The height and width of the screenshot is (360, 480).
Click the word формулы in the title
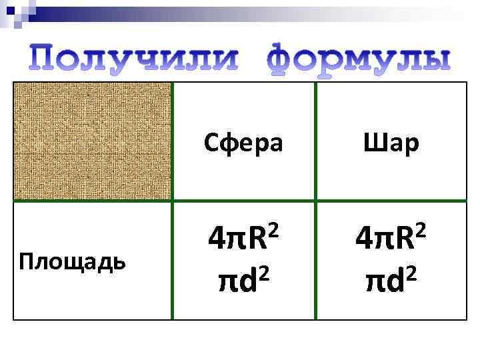pos(359,59)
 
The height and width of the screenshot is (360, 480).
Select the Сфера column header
pos(243,142)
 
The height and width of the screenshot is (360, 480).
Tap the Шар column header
pos(391,142)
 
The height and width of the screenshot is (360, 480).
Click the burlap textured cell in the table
pos(93,141)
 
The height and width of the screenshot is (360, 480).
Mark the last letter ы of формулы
pos(434,59)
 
